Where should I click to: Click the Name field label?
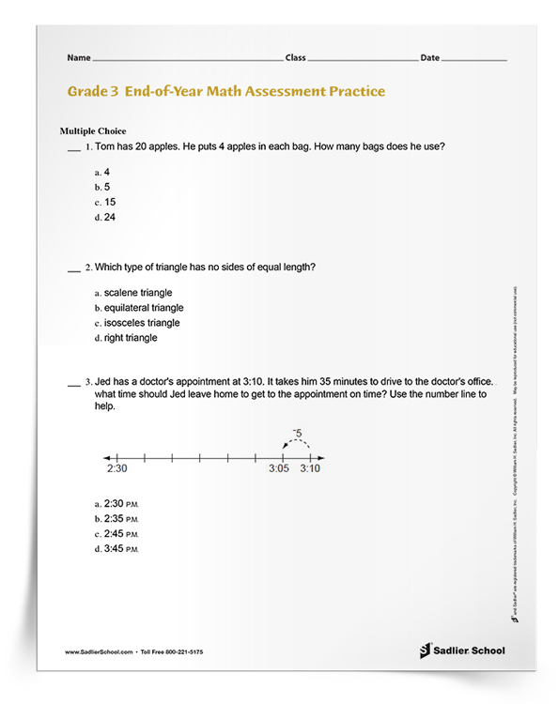tap(79, 58)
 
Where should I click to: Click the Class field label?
tap(296, 58)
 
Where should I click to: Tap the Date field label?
tap(429, 58)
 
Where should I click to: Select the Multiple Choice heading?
tap(93, 130)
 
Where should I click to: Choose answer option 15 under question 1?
tap(110, 202)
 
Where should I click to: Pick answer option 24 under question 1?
tap(110, 217)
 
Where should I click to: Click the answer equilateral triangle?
tap(144, 308)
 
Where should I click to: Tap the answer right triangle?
tap(131, 338)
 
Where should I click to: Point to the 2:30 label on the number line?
tap(116, 468)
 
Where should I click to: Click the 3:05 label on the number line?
tap(279, 468)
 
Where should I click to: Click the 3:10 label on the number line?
tap(310, 468)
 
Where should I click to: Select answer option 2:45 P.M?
tap(121, 534)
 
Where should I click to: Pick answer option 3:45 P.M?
tap(121, 549)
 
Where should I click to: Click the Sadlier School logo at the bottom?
tap(461, 650)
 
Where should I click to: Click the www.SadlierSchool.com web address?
tap(100, 651)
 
